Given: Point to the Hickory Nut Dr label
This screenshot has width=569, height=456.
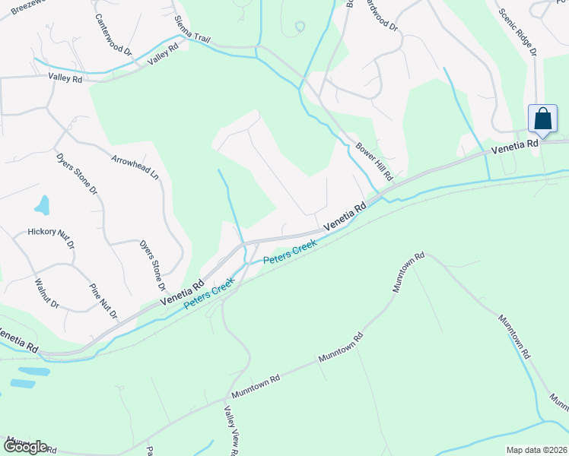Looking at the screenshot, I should (x=51, y=237).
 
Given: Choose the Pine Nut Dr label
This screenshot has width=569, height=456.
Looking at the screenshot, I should (x=103, y=300).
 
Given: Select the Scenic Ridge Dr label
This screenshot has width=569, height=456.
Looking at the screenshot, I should (x=517, y=32).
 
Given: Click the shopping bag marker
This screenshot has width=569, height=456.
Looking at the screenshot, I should (x=542, y=119).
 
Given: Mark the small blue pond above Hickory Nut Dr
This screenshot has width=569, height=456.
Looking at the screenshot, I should (x=42, y=205).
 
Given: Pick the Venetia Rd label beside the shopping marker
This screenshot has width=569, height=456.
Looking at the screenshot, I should (x=515, y=146).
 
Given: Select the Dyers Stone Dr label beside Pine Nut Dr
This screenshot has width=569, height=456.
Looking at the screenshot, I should (x=151, y=266).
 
